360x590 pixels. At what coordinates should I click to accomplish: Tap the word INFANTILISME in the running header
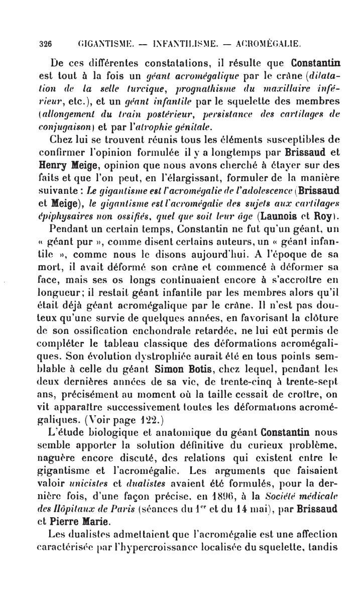185,44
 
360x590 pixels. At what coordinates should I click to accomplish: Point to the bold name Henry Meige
61,164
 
